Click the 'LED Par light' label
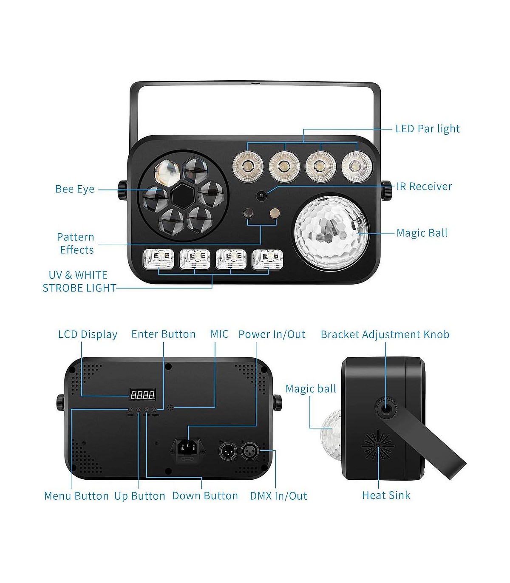click(427, 129)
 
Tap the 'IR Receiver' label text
click(424, 187)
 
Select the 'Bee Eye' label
click(75, 189)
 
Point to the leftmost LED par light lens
click(248, 166)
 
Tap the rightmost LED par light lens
click(357, 166)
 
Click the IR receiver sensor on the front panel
click(261, 196)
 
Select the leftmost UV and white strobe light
click(159, 259)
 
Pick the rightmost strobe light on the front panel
click(267, 259)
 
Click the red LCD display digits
click(142, 395)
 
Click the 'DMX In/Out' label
click(278, 496)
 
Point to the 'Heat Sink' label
click(386, 495)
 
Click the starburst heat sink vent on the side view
click(378, 444)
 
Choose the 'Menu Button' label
click(76, 496)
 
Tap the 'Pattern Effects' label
click(76, 243)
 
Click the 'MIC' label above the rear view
click(219, 334)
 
